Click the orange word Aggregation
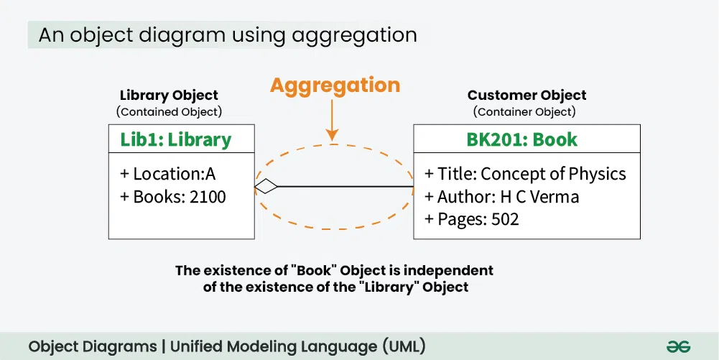335,86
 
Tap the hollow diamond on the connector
266,187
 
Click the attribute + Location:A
167,174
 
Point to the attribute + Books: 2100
172,196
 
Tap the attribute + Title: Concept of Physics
525,174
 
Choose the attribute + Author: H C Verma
501,196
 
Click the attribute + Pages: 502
471,218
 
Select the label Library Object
169,95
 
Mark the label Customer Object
527,95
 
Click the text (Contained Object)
169,111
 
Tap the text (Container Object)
524,111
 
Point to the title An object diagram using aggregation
227,34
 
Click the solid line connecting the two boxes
345,187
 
